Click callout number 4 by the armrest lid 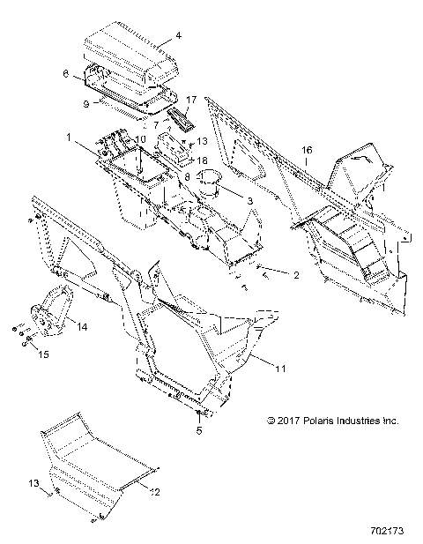(x=179, y=36)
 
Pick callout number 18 (x=201, y=160)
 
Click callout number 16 (x=307, y=151)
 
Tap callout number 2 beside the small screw (x=297, y=274)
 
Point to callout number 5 (x=199, y=430)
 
